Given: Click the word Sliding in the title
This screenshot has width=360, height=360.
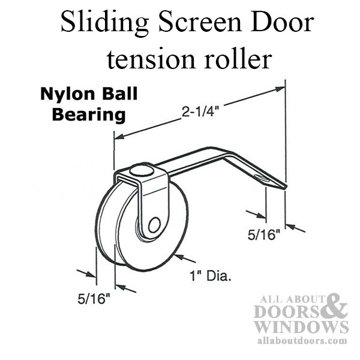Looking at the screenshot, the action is (x=105, y=23).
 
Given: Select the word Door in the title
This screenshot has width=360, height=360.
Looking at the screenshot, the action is (x=282, y=23).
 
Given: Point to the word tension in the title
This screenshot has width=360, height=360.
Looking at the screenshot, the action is (x=151, y=59).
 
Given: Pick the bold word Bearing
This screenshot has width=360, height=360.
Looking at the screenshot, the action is (x=89, y=115).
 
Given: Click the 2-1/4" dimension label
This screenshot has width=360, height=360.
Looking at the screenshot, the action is (x=199, y=112).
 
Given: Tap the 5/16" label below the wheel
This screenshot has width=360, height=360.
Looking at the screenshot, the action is (x=94, y=299).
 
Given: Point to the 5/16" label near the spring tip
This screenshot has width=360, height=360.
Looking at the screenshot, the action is (x=264, y=235).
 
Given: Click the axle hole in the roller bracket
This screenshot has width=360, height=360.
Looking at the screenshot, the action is (x=154, y=225).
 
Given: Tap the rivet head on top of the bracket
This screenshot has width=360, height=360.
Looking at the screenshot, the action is (x=141, y=170).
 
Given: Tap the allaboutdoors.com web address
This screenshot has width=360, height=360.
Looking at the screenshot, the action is (x=302, y=340).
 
